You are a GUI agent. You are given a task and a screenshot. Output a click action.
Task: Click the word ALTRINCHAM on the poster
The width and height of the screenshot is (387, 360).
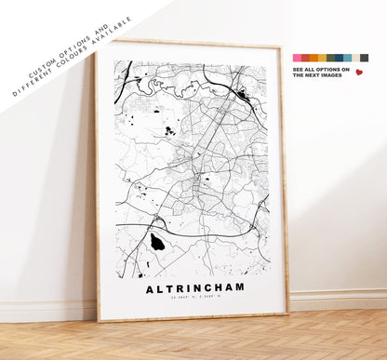point(194,287)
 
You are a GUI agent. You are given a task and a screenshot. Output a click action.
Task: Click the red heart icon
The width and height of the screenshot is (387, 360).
point(359,72)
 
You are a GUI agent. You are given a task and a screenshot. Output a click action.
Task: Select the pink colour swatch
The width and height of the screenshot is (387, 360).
point(298,58)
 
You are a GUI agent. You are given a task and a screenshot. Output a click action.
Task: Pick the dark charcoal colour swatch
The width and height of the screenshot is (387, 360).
point(365,58)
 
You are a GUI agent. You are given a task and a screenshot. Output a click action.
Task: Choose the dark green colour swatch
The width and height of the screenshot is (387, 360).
point(331,58)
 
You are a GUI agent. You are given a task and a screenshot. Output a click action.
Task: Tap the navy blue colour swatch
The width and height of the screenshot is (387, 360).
point(340,58)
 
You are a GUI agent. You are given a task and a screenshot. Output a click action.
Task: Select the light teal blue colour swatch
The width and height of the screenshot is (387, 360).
point(348,58)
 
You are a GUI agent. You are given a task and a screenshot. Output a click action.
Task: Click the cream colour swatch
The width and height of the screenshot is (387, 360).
point(356,58)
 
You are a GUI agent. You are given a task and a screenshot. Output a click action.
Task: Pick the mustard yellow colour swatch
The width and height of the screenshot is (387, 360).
point(323,58)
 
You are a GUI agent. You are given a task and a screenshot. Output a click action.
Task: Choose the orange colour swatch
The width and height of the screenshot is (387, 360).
point(314,58)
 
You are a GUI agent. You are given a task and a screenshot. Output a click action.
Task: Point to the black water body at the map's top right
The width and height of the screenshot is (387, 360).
point(243,94)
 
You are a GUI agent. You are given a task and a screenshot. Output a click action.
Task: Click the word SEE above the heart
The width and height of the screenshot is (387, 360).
point(298,69)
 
